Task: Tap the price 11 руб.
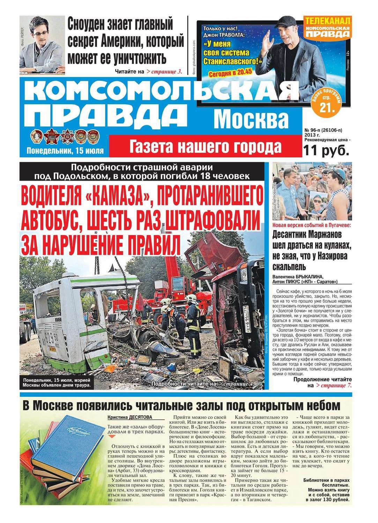326,150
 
